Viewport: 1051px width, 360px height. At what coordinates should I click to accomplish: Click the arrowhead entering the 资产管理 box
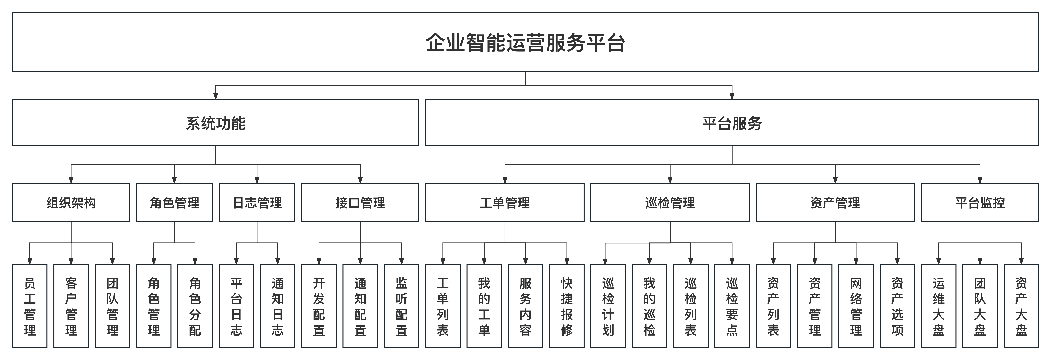point(835,180)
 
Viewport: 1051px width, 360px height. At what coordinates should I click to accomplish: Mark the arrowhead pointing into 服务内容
point(525,261)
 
